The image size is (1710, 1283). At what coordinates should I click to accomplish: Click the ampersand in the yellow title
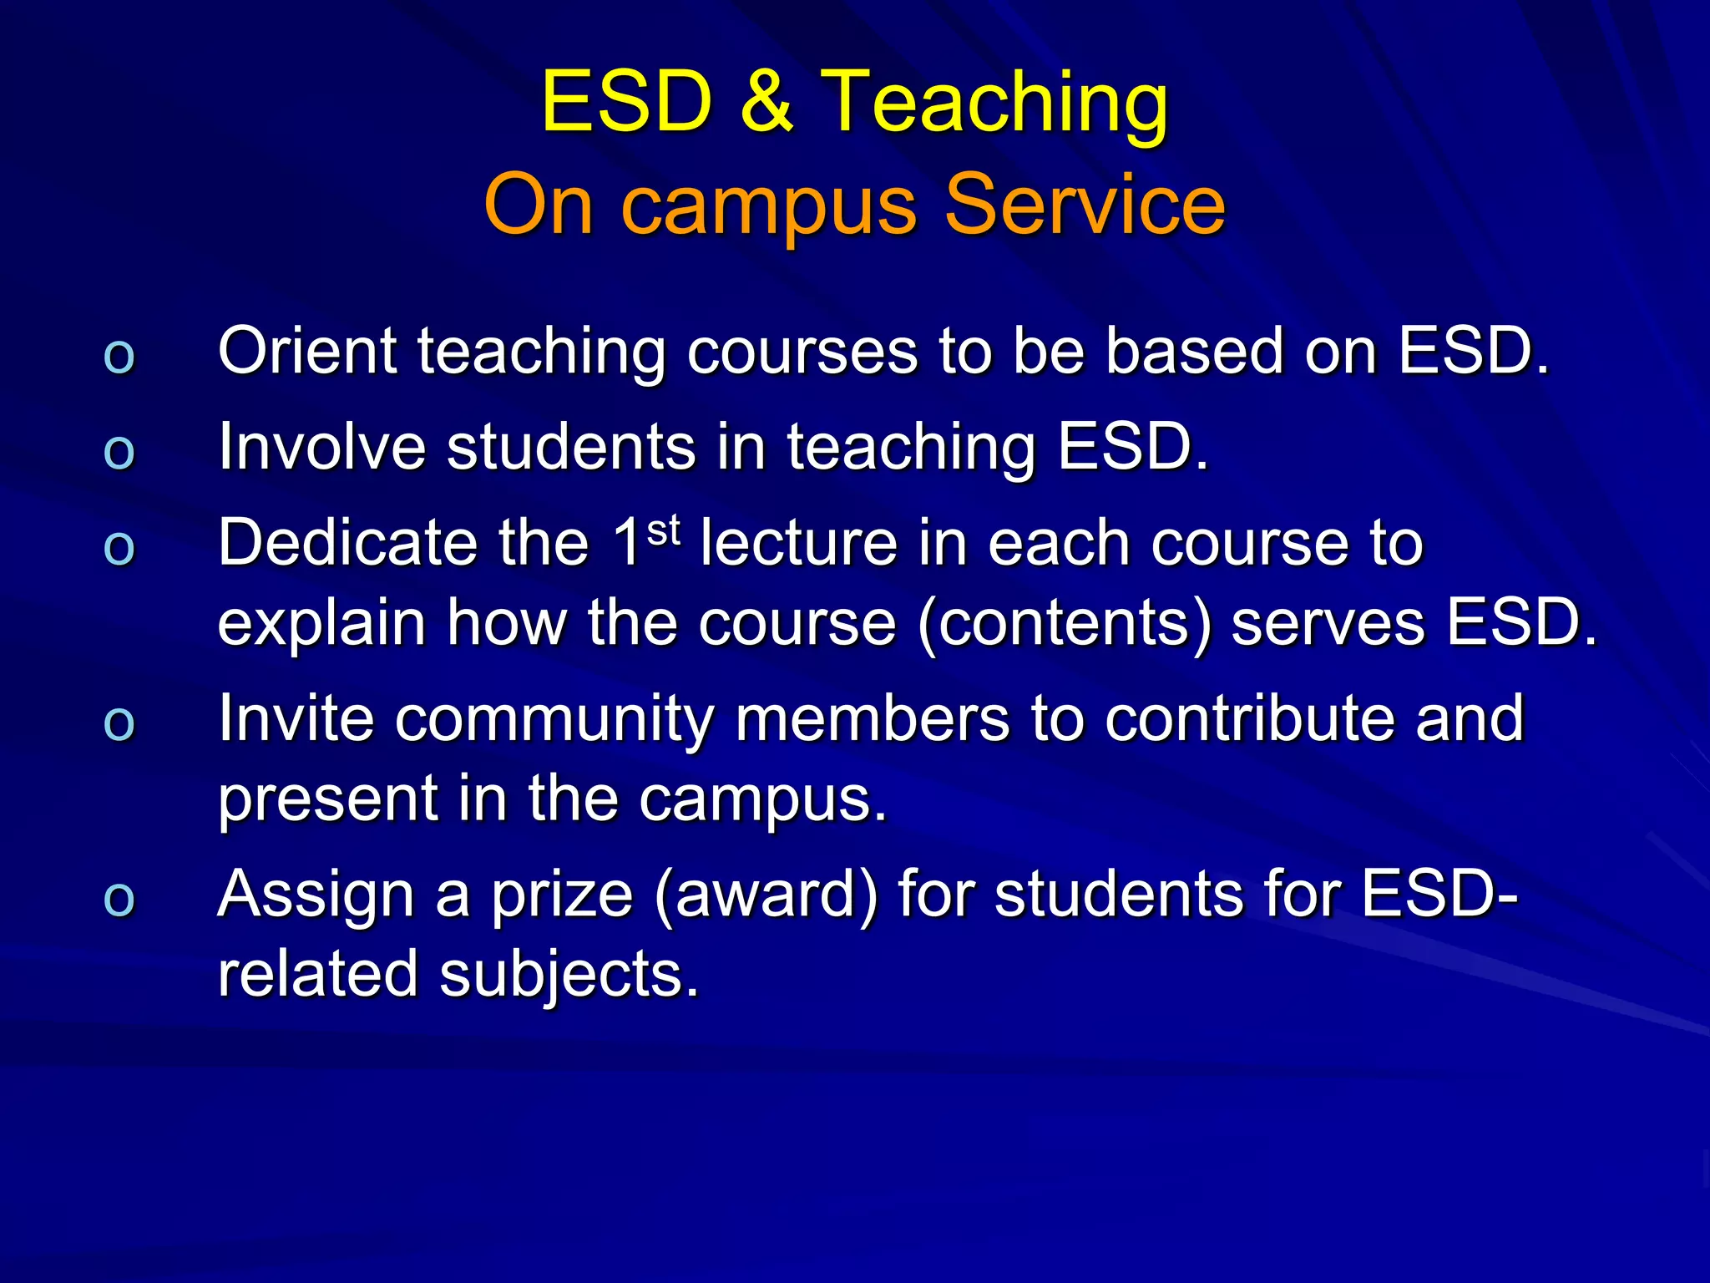[x=766, y=101]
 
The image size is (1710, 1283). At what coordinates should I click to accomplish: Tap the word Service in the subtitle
[x=1085, y=204]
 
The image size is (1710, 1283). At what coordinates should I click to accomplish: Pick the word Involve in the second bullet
[x=322, y=447]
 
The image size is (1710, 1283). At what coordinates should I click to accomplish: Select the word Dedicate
[x=347, y=543]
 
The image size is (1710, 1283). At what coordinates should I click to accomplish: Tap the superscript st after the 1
[x=664, y=530]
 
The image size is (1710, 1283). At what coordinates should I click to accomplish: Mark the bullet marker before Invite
[x=119, y=723]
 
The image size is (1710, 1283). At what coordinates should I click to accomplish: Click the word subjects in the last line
[x=568, y=976]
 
